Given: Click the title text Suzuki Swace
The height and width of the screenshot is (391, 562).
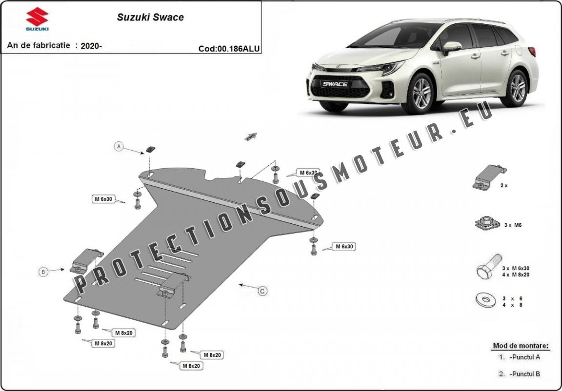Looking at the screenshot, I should (x=150, y=17).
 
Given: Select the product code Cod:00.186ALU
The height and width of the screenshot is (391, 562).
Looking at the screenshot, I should (x=229, y=48).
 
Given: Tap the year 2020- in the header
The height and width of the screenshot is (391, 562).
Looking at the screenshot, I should (x=91, y=46).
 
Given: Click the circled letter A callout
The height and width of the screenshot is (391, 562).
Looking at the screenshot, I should (x=119, y=146).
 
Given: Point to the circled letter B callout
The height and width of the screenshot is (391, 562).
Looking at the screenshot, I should (x=43, y=272).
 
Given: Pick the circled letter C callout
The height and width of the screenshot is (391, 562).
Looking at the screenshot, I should (x=262, y=291).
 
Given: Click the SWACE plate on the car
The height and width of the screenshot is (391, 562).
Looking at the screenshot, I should (x=334, y=84).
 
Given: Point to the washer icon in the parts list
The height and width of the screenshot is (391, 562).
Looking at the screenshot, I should (x=485, y=299).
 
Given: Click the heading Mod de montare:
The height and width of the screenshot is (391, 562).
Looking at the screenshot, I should (x=521, y=346).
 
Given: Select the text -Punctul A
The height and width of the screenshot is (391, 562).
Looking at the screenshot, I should (x=524, y=357).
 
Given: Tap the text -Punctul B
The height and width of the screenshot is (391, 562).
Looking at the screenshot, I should (x=524, y=374).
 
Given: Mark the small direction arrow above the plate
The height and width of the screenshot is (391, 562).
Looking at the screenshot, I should (x=251, y=137).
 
